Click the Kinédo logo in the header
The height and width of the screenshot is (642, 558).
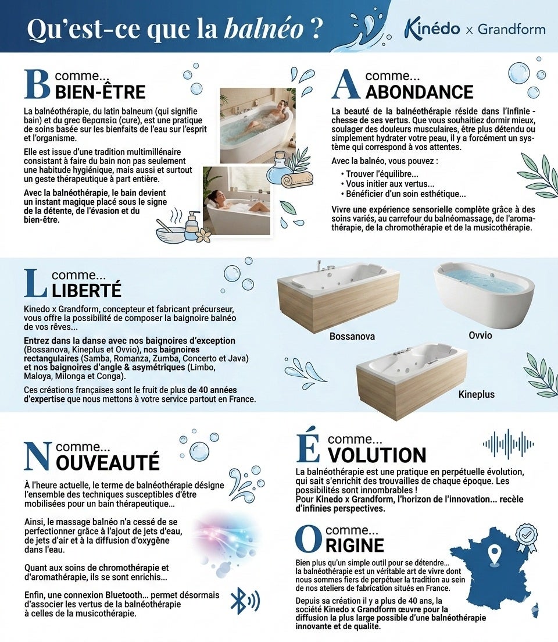(x=432, y=28)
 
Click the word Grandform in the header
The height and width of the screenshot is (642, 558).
(x=512, y=29)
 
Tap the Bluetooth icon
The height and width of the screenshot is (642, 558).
(x=245, y=600)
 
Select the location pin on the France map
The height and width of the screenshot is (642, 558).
(x=495, y=554)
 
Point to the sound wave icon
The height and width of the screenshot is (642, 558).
(x=508, y=444)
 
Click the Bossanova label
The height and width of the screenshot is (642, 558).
(x=352, y=336)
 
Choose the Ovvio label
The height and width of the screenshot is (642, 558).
(x=480, y=336)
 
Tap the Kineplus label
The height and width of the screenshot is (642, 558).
(x=477, y=394)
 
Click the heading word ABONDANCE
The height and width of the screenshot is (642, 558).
(x=419, y=92)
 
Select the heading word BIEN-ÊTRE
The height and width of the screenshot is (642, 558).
(x=100, y=92)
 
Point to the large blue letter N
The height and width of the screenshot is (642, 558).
(x=38, y=456)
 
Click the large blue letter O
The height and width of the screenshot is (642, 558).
(x=309, y=540)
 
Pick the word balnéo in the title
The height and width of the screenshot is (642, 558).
(x=264, y=28)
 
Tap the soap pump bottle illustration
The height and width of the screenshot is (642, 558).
(x=192, y=226)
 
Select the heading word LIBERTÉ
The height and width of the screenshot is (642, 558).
(x=87, y=290)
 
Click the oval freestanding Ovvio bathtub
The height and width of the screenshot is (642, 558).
(x=484, y=295)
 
